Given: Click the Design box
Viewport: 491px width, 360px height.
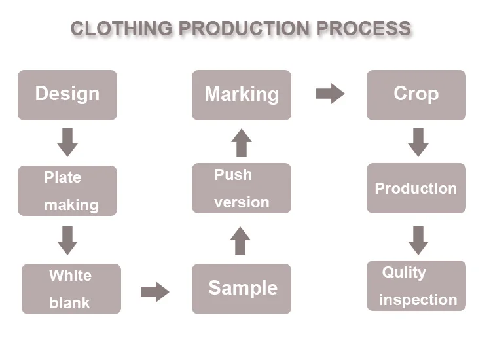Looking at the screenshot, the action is point(67,95).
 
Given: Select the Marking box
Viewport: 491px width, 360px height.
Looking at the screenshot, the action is point(242,95).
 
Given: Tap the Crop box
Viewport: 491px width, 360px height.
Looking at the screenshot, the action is point(416,95).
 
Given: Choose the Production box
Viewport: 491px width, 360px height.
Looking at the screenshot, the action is point(416,188).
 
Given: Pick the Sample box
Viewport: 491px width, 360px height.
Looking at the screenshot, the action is point(242,289).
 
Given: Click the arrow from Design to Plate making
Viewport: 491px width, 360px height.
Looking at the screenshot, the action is point(67,143).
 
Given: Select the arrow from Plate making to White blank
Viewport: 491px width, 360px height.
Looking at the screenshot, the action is point(67,241).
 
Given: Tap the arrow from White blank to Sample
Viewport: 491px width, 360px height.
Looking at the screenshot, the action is point(155,292).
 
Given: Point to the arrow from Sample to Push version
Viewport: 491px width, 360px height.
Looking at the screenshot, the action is point(240,241).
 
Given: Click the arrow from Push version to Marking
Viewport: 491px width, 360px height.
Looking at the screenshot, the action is point(242,143).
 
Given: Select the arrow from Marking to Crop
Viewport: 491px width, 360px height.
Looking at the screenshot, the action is point(331,94).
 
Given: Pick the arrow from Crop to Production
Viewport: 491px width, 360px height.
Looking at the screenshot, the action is point(418,143).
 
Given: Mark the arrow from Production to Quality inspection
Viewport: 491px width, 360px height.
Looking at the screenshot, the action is point(418,241).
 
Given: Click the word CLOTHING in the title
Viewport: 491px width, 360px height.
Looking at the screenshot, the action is point(122,29).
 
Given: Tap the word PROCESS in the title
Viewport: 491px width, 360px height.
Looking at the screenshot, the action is point(363,29).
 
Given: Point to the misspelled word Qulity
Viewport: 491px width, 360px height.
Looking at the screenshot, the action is point(404,273).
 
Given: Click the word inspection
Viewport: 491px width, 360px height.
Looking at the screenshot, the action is point(418,300).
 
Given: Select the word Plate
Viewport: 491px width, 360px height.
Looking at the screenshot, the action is point(63,177).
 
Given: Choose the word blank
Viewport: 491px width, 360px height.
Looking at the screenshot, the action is point(69,302).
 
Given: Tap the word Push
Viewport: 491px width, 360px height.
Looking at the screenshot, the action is point(233,175).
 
